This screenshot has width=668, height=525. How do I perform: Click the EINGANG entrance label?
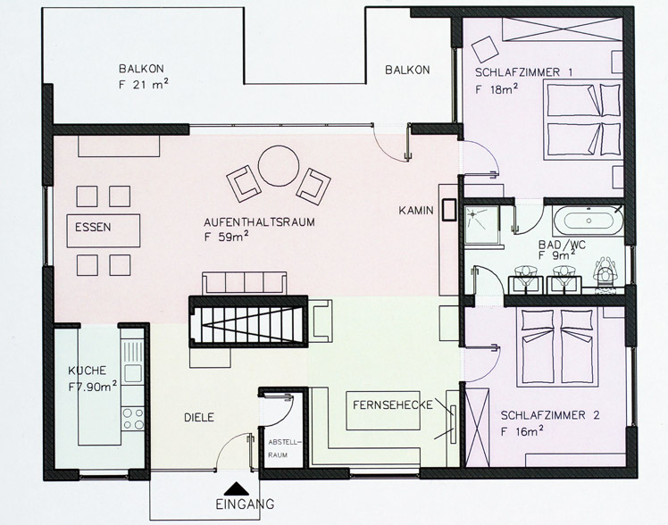[245, 504]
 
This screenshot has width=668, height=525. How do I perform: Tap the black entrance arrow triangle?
[237, 488]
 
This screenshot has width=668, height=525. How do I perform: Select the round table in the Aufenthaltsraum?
[279, 166]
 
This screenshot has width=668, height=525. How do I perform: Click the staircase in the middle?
[248, 322]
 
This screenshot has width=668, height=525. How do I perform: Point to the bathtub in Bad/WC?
[589, 221]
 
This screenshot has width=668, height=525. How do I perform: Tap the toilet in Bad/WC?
[605, 271]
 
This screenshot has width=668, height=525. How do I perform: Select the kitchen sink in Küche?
[133, 373]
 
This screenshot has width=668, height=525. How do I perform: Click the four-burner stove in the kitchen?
[133, 418]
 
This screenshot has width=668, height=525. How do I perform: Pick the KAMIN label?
[416, 211]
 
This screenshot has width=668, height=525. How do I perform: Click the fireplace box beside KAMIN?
[448, 210]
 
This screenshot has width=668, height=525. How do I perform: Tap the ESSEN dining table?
[104, 230]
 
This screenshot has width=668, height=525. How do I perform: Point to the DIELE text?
[199, 418]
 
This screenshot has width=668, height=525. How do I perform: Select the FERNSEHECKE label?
[392, 405]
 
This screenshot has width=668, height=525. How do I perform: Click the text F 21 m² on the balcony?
[143, 84]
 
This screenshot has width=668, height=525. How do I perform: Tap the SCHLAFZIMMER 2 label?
[550, 415]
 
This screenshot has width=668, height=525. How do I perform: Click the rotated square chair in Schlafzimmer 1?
[485, 49]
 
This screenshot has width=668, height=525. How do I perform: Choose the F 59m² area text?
[227, 237]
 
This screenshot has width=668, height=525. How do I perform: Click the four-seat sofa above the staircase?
[245, 283]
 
